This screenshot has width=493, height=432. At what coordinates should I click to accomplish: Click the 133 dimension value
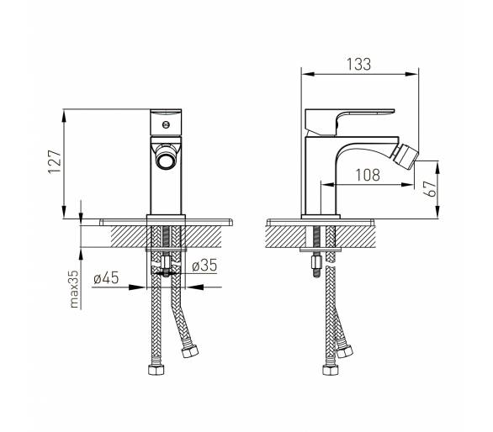point(358,64)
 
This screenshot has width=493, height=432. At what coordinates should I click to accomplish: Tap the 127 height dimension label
point(55,161)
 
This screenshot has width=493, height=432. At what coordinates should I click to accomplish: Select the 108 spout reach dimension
point(368,175)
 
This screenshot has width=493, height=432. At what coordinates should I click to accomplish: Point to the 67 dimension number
point(430,188)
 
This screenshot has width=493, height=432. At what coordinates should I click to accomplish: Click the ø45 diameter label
point(106,277)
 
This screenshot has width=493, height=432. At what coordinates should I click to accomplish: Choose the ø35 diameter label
point(204,266)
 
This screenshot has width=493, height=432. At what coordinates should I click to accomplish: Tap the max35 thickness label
point(74,289)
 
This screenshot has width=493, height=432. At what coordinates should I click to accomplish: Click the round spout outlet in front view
point(166,159)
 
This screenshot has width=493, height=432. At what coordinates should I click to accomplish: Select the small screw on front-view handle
point(166,124)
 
